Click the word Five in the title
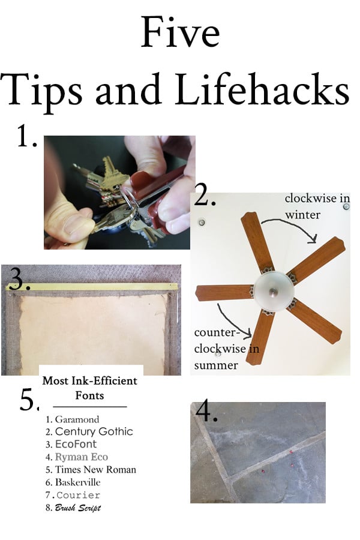point(180,32)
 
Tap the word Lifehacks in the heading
point(262,89)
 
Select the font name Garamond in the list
point(77,419)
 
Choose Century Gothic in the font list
point(94,431)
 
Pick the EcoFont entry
point(76,444)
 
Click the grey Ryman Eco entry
point(82,457)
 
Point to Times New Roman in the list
point(96,470)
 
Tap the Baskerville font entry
point(78,482)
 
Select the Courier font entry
point(78,495)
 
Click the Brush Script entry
point(78,508)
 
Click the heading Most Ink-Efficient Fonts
point(89,388)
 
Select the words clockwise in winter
point(317,206)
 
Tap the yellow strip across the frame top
point(92,287)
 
